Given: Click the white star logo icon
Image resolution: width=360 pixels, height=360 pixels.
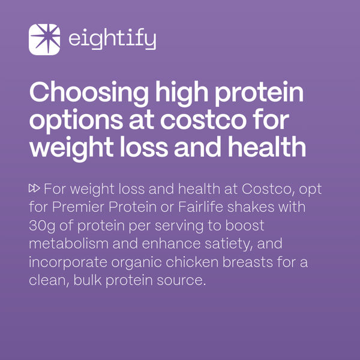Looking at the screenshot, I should (x=44, y=40).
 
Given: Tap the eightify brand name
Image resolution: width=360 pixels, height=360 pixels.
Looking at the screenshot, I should (x=112, y=40).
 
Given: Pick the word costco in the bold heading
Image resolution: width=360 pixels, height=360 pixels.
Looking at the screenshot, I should (x=204, y=121).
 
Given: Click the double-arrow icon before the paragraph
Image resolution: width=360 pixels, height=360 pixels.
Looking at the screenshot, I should (x=34, y=189).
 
